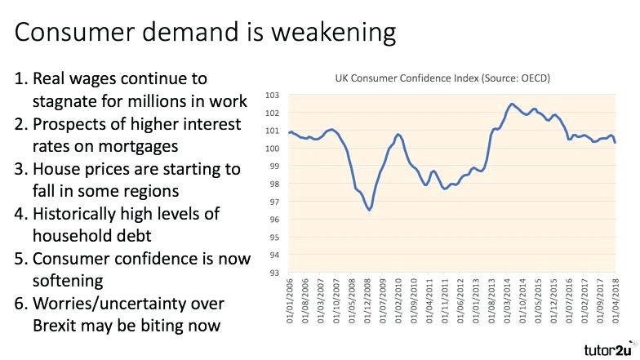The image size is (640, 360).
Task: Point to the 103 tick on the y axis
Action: click(273, 96)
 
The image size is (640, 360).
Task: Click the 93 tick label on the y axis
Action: click(273, 273)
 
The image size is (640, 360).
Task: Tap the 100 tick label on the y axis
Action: click(273, 149)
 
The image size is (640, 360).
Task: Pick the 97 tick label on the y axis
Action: click(273, 202)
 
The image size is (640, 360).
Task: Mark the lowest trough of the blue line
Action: click(370, 210)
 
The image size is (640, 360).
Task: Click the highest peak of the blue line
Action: click(511, 104)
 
